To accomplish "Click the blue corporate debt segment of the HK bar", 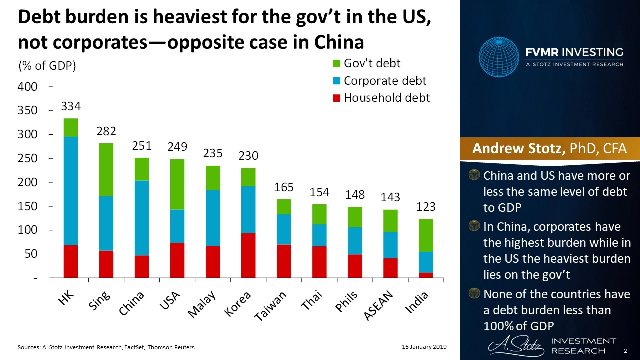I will point(70,191).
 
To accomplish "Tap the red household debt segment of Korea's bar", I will point(248,255).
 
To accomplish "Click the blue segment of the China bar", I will point(142,218).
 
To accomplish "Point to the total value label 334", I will point(71,106).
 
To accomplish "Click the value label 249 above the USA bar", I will point(177,147).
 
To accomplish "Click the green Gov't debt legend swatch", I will point(336,64).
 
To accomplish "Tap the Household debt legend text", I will point(386,98).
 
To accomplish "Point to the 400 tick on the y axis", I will point(27,87).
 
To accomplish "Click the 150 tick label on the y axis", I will point(27,206).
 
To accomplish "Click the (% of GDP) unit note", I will point(46,66).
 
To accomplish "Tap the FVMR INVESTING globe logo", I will point(499,57).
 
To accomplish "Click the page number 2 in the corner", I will point(625,352).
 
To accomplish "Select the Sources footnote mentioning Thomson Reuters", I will point(106,347).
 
